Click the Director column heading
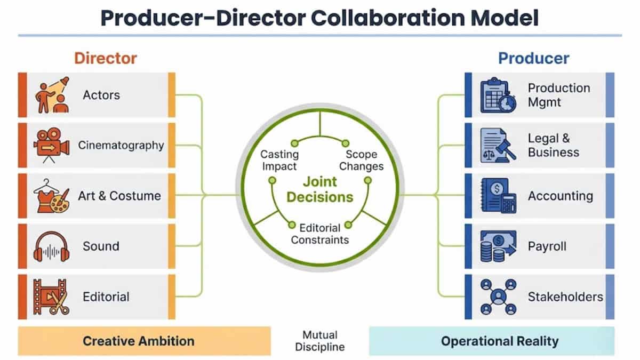pyautogui.click(x=105, y=58)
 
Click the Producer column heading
pyautogui.click(x=533, y=58)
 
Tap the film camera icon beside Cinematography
pyautogui.click(x=52, y=145)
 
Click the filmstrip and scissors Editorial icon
pyautogui.click(x=52, y=297)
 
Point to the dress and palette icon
pyautogui.click(x=52, y=196)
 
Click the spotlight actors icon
pyautogui.click(x=52, y=95)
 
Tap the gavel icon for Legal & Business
pyautogui.click(x=498, y=145)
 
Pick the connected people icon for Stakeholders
pyautogui.click(x=498, y=297)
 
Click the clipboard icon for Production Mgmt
pyautogui.click(x=498, y=95)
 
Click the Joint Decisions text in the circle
pyautogui.click(x=320, y=189)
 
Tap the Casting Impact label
pyautogui.click(x=279, y=160)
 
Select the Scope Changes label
pyautogui.click(x=361, y=160)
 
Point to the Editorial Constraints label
pyautogui.click(x=320, y=234)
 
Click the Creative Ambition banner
pyautogui.click(x=138, y=341)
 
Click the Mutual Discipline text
pyautogui.click(x=320, y=341)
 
